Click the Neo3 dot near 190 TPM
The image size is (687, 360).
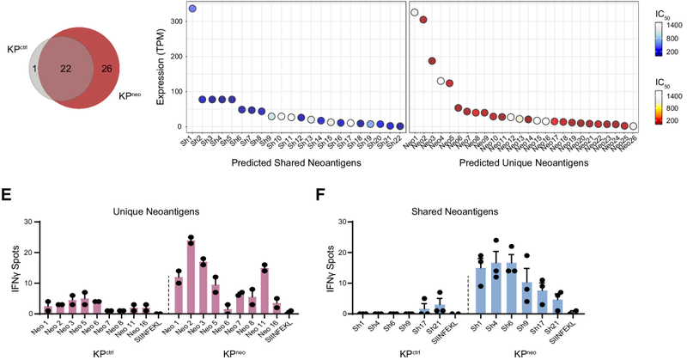(x=432, y=61)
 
